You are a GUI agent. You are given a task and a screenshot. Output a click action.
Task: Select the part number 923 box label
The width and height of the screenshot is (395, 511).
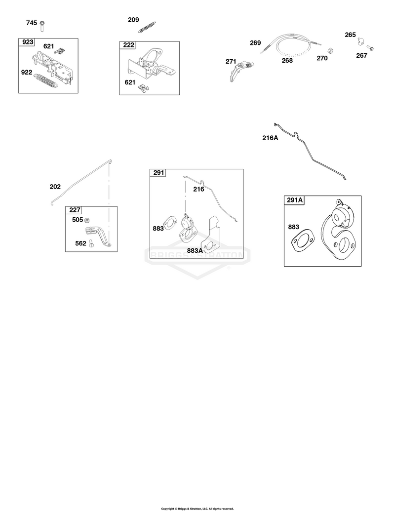coord(28,42)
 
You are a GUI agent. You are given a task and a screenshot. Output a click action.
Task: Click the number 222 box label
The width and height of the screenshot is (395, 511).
coord(128,45)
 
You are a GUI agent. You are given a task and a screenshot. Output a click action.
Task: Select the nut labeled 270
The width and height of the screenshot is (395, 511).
coord(329,50)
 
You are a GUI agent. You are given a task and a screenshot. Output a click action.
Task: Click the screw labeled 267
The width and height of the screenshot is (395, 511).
coord(370,48)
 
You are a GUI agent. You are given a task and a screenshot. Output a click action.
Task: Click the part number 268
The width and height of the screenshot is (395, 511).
coord(287,60)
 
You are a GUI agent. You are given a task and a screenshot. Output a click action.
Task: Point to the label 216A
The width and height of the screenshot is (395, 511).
coord(270,138)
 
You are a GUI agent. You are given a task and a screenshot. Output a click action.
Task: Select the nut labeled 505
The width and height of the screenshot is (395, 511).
coord(87,220)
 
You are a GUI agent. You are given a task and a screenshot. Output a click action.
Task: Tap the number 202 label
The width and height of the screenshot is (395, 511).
coord(55,187)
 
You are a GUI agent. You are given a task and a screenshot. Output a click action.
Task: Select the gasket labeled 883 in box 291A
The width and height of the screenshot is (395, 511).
coord(303,241)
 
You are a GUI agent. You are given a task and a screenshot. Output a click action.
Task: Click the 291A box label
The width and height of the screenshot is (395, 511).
coord(295,200)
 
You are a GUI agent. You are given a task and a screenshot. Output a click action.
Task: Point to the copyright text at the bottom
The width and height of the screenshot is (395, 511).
coord(197,509)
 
